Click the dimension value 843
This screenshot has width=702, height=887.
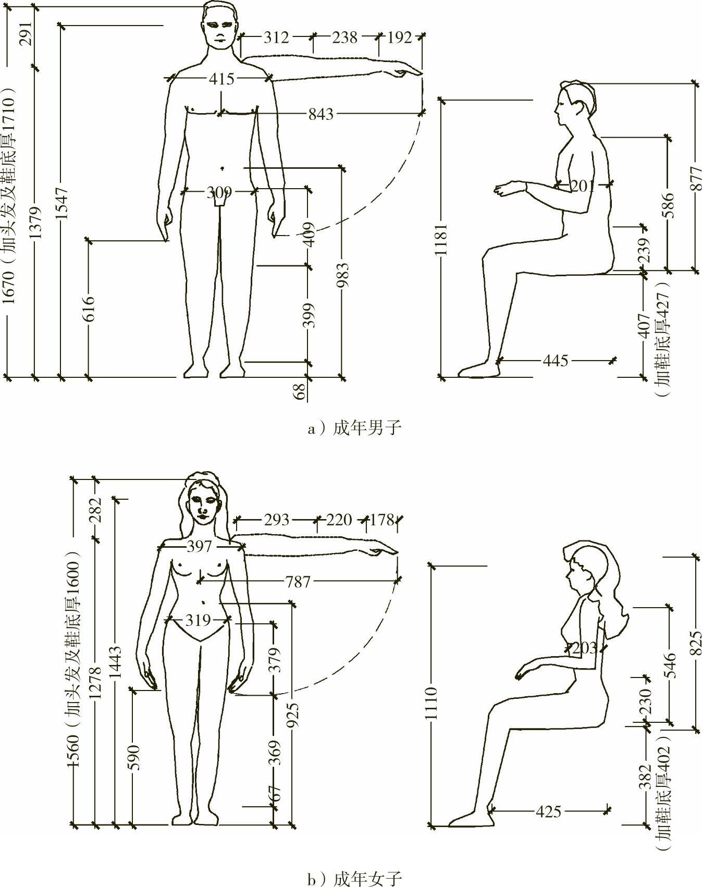[x=321, y=114]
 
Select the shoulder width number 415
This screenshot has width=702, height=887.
[x=222, y=79]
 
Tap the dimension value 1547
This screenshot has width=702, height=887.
[x=63, y=202]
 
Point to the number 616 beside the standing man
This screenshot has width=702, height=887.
[x=90, y=308]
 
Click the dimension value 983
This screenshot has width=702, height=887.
[x=342, y=275]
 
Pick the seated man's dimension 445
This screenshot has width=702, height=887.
[x=556, y=361]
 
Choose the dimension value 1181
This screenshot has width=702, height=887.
[x=441, y=239]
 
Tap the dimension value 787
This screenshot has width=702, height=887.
[x=298, y=582]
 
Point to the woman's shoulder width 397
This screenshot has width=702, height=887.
[x=200, y=546]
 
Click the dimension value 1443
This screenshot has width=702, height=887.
[x=116, y=662]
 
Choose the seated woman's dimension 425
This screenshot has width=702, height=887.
[x=548, y=811]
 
